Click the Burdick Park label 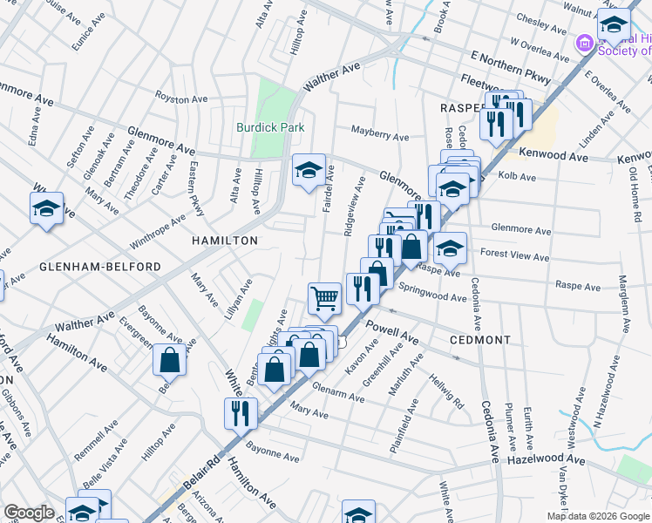tap(271, 127)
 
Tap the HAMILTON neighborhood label tap(225, 241)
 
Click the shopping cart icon tap(324, 298)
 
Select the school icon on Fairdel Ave tap(309, 170)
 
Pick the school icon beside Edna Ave tap(47, 208)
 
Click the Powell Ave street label tap(392, 331)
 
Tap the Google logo tap(29, 513)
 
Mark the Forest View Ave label tap(514, 257)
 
